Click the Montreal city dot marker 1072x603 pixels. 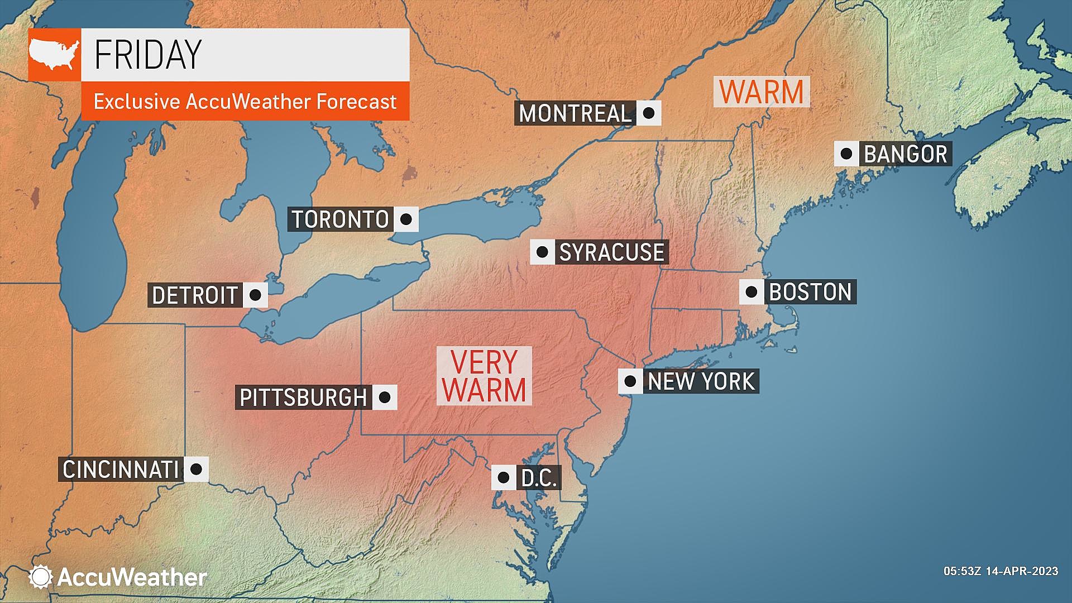click(x=648, y=113)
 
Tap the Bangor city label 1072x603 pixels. click(x=905, y=154)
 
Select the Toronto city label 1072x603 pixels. click(x=340, y=219)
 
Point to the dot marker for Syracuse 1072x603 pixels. click(x=542, y=252)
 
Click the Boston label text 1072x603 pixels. click(x=810, y=292)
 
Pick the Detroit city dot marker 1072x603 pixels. click(x=255, y=295)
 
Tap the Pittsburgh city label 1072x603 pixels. click(x=303, y=398)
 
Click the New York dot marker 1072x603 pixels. click(x=630, y=381)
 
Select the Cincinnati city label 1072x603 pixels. click(x=121, y=469)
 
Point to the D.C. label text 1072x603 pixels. click(x=539, y=478)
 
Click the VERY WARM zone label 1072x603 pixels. click(x=484, y=376)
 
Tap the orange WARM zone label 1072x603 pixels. click(x=762, y=92)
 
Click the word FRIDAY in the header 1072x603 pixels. click(x=148, y=54)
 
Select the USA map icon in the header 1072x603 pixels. click(x=54, y=54)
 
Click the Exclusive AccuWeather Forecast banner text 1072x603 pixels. click(x=245, y=102)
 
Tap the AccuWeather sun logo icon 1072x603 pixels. click(x=41, y=577)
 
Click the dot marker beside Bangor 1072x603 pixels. click(x=846, y=154)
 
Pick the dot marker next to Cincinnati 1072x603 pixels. click(x=196, y=469)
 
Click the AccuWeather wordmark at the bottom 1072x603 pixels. click(x=132, y=577)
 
